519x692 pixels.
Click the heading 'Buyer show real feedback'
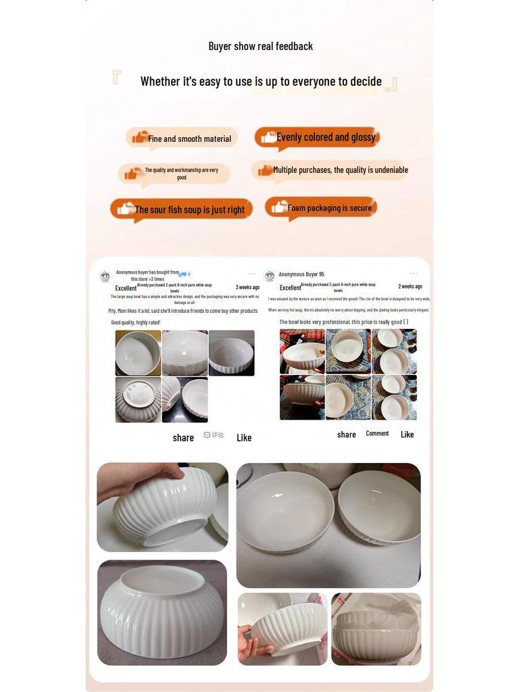click(260, 46)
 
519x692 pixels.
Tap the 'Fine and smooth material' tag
click(189, 139)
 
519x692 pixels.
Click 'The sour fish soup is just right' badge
click(189, 209)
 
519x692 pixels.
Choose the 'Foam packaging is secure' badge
click(329, 207)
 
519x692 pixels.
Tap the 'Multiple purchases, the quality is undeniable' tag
click(340, 170)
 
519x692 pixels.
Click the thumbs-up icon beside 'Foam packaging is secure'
click(279, 207)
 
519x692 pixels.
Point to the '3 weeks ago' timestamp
click(247, 287)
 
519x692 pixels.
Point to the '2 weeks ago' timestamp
click(410, 287)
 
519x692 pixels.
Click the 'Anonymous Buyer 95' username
click(301, 274)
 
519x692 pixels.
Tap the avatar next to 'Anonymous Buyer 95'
click(270, 276)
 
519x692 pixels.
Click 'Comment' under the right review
click(377, 434)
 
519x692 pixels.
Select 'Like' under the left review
click(244, 438)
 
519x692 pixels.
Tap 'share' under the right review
click(347, 435)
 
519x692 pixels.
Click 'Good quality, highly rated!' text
click(136, 322)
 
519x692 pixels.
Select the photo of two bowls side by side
click(328, 525)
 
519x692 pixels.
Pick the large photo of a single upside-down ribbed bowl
click(162, 613)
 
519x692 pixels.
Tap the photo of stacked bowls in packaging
click(376, 629)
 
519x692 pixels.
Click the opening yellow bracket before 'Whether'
click(117, 77)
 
